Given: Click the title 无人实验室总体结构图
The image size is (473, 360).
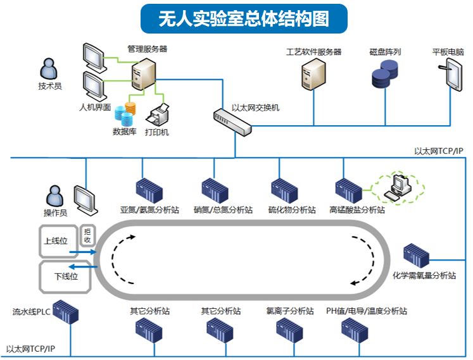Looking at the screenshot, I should pyautogui.click(x=244, y=19).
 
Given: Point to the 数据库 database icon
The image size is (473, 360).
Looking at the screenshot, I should pyautogui.click(x=125, y=113).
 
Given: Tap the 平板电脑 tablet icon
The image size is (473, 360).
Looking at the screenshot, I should pyautogui.click(x=453, y=74).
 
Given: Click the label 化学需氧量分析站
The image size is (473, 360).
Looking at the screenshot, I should pyautogui.click(x=424, y=275).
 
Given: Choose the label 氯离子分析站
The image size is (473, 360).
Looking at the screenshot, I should pyautogui.click(x=290, y=311).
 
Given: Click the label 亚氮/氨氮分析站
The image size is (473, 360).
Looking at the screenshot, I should pyautogui.click(x=149, y=209).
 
